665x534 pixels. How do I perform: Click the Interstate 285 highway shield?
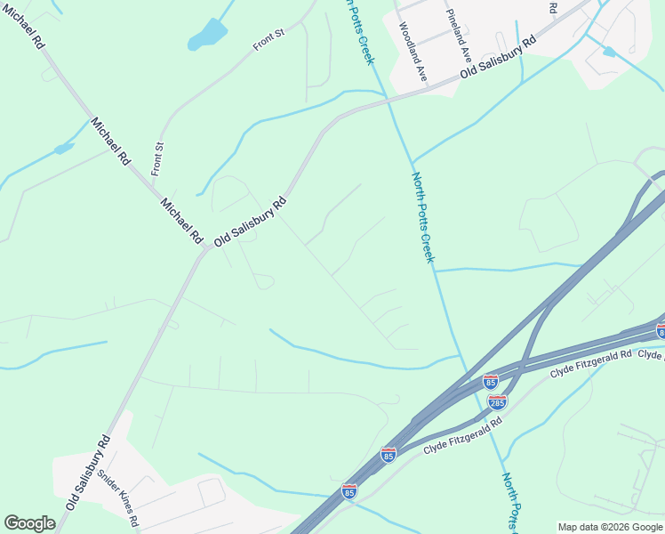point(498,402)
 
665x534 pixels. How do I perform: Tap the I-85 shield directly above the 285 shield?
point(491,382)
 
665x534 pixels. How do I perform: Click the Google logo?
point(29,523)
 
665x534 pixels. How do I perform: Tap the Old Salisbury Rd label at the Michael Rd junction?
point(250,222)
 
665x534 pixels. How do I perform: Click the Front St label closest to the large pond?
point(268,40)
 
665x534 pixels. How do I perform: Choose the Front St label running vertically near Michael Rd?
point(158,158)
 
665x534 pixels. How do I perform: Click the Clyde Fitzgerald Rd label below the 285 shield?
point(462,435)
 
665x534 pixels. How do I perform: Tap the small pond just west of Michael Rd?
point(63,149)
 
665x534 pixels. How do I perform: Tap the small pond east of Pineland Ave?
point(608,53)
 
